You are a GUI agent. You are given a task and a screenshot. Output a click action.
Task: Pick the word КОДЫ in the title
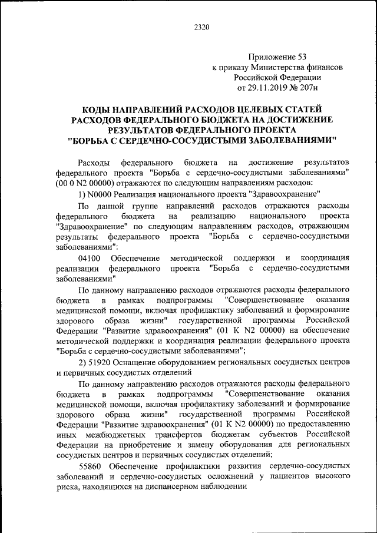94,110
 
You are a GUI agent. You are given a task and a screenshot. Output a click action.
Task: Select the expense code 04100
89,258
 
